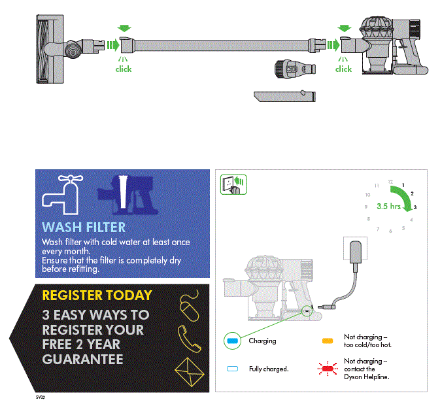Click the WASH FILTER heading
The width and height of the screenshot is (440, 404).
pyautogui.click(x=84, y=227)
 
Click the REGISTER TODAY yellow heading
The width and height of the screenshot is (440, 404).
pyautogui.click(x=97, y=295)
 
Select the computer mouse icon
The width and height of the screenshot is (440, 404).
pyautogui.click(x=189, y=307)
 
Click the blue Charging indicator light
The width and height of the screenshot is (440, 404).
pyautogui.click(x=231, y=341)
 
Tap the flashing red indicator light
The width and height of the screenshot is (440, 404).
pyautogui.click(x=328, y=369)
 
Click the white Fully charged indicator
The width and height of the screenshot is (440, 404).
pyautogui.click(x=231, y=369)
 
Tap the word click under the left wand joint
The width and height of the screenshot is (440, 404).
pyautogui.click(x=124, y=69)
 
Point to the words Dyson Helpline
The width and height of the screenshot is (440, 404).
pyautogui.click(x=367, y=377)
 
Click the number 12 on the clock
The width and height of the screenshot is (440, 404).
pyautogui.click(x=390, y=181)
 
